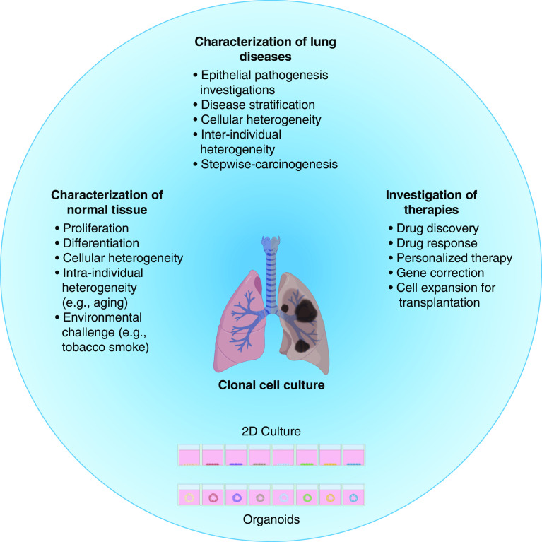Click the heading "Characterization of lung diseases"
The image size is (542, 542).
coord(271,50)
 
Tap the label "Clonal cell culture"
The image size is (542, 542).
coord(271,386)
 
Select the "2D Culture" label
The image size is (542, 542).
coord(271,431)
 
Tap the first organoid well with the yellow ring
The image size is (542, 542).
coord(190,497)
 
